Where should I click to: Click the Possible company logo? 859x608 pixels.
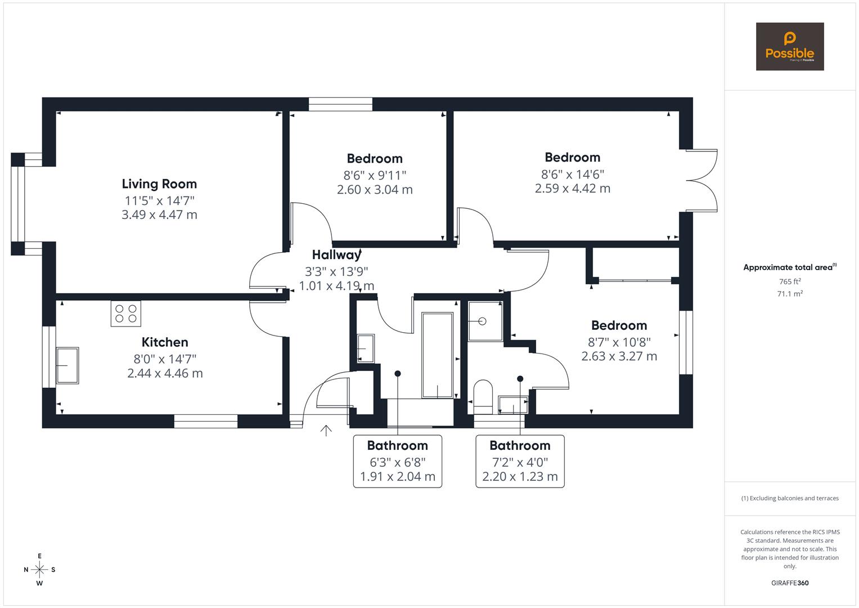pyautogui.click(x=789, y=47)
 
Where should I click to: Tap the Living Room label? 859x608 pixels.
pyautogui.click(x=159, y=184)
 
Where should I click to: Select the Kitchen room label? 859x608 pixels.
pyautogui.click(x=165, y=342)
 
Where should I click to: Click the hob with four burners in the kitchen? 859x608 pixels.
pyautogui.click(x=126, y=314)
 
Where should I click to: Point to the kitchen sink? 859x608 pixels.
pyautogui.click(x=67, y=365)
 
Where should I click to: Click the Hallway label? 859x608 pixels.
pyautogui.click(x=336, y=255)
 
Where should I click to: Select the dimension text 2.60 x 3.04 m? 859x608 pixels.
pyautogui.click(x=375, y=190)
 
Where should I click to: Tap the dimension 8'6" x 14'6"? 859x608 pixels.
pyautogui.click(x=572, y=174)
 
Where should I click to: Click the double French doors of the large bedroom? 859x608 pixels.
pyautogui.click(x=701, y=180)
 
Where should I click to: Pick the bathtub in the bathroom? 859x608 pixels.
pyautogui.click(x=437, y=355)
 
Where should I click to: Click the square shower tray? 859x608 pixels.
pyautogui.click(x=484, y=321)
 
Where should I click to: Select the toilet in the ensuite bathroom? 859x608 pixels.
pyautogui.click(x=483, y=396)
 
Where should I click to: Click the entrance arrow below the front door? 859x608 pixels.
pyautogui.click(x=326, y=431)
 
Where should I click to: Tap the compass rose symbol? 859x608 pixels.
pyautogui.click(x=39, y=569)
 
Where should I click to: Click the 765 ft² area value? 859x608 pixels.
pyautogui.click(x=789, y=281)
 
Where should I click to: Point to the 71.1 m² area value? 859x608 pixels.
pyautogui.click(x=789, y=293)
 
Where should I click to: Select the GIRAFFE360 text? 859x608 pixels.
pyautogui.click(x=789, y=583)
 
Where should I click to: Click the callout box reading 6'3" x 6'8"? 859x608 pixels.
pyautogui.click(x=397, y=462)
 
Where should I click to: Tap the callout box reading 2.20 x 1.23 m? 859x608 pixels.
pyautogui.click(x=520, y=477)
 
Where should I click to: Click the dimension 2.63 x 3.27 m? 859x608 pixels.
pyautogui.click(x=619, y=356)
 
